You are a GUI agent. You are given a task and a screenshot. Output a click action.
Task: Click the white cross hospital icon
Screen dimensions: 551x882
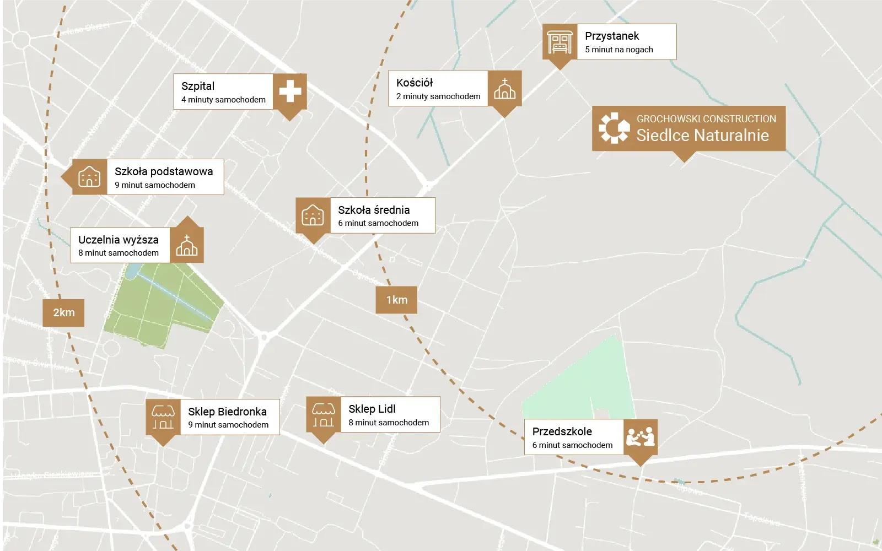pos(290,91)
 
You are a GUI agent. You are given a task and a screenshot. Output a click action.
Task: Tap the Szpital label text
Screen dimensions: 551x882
pos(198,86)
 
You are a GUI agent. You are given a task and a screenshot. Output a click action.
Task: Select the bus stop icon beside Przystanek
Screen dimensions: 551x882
pos(560,42)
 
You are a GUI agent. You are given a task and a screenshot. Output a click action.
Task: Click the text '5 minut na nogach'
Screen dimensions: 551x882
pos(619,50)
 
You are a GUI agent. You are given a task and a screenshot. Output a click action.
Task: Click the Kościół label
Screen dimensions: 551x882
pos(415,83)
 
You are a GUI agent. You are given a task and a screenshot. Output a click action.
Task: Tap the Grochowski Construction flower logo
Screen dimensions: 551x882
pos(614,128)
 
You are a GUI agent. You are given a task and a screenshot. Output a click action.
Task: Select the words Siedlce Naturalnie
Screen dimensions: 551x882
pos(702,136)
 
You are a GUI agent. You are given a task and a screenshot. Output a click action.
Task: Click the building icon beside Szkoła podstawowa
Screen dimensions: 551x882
pos(89,177)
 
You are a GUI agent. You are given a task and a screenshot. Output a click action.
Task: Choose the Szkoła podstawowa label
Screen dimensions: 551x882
pos(164,171)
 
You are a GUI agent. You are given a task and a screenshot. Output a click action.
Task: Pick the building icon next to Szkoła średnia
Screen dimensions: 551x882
pos(313,215)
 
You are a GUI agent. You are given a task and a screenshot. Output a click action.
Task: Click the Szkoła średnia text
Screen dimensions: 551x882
pos(374,210)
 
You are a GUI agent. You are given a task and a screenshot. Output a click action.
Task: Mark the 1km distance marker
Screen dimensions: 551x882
pos(396,300)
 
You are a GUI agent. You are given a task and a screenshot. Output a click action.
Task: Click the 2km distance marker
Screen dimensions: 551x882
pos(63,312)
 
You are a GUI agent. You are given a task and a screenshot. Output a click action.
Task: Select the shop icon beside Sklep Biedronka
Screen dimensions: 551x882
pos(163,417)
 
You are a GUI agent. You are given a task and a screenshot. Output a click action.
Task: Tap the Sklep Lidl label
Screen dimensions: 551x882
pos(372,409)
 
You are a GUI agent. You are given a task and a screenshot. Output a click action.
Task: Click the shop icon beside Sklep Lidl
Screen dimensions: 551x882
pos(323,414)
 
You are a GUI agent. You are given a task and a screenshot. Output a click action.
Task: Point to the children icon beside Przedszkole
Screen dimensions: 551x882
pos(640,437)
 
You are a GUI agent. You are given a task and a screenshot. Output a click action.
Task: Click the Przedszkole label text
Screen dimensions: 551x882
pos(562,431)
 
